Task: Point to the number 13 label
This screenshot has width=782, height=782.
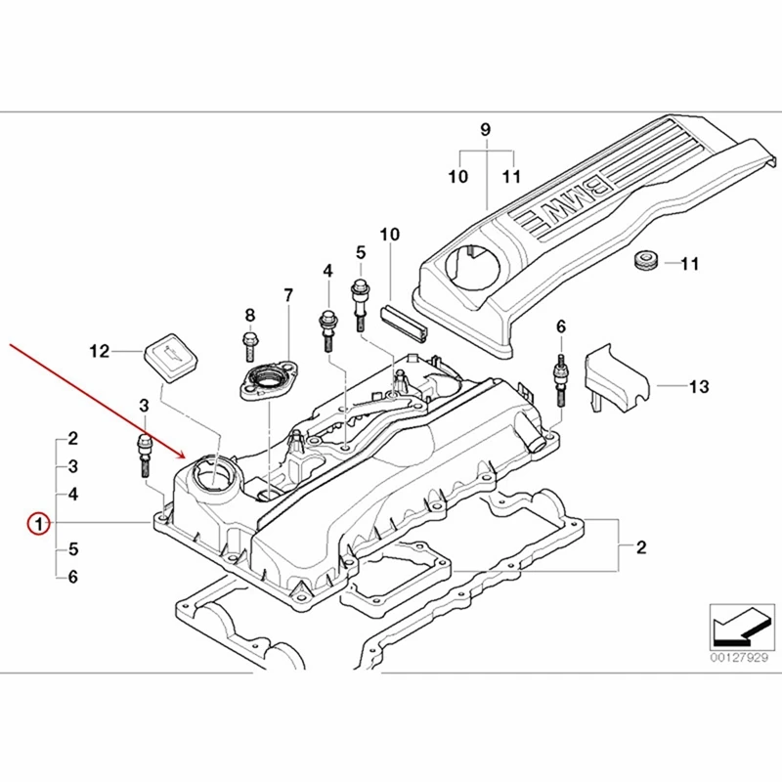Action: [698, 387]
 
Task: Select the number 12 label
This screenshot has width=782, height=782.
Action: [100, 349]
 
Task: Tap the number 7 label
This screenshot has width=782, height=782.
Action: [288, 295]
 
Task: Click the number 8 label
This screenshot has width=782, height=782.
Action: [249, 315]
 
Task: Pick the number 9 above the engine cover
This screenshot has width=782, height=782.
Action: [485, 130]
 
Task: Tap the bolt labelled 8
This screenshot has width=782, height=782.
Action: [247, 343]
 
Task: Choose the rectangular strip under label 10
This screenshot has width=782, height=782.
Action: [401, 321]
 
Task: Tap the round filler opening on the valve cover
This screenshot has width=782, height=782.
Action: [213, 477]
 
